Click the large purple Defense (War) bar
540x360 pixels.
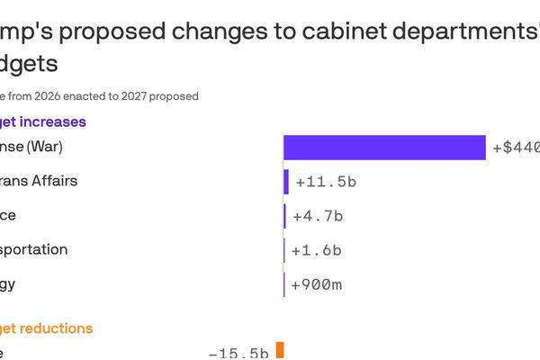tap(384, 147)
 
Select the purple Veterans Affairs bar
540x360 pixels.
tap(286, 182)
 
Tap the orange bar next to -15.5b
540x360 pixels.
tap(280, 350)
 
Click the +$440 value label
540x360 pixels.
tap(516, 148)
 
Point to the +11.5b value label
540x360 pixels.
tap(326, 182)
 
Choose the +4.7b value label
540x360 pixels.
tap(319, 216)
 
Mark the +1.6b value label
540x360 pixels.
tap(319, 250)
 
